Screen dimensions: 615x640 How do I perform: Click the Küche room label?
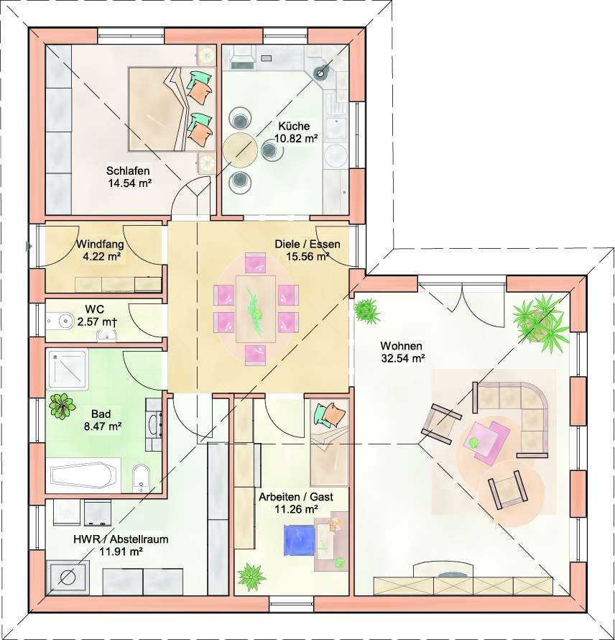pyautogui.click(x=294, y=126)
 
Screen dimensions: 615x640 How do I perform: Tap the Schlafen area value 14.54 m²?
pyautogui.click(x=130, y=183)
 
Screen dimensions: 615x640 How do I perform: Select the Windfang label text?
pyautogui.click(x=101, y=244)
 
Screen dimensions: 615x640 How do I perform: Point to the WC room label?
pyautogui.click(x=94, y=308)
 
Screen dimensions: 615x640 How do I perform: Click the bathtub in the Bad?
pyautogui.click(x=86, y=475)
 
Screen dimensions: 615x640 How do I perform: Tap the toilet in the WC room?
pyautogui.click(x=63, y=321)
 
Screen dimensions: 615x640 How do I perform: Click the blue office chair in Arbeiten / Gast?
pyautogui.click(x=300, y=539)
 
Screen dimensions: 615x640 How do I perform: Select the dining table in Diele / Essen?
pyautogui.click(x=256, y=308)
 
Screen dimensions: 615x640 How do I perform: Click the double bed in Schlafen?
pyautogui.click(x=172, y=109)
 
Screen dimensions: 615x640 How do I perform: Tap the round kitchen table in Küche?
pyautogui.click(x=240, y=150)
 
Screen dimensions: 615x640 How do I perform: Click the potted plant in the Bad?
pyautogui.click(x=62, y=406)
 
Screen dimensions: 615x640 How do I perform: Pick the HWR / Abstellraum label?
pyautogui.click(x=121, y=539)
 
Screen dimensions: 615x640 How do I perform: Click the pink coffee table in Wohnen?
pyautogui.click(x=489, y=440)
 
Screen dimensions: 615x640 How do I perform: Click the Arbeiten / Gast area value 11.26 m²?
pyautogui.click(x=297, y=509)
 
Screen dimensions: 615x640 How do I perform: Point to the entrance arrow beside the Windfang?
pyautogui.click(x=29, y=246)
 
